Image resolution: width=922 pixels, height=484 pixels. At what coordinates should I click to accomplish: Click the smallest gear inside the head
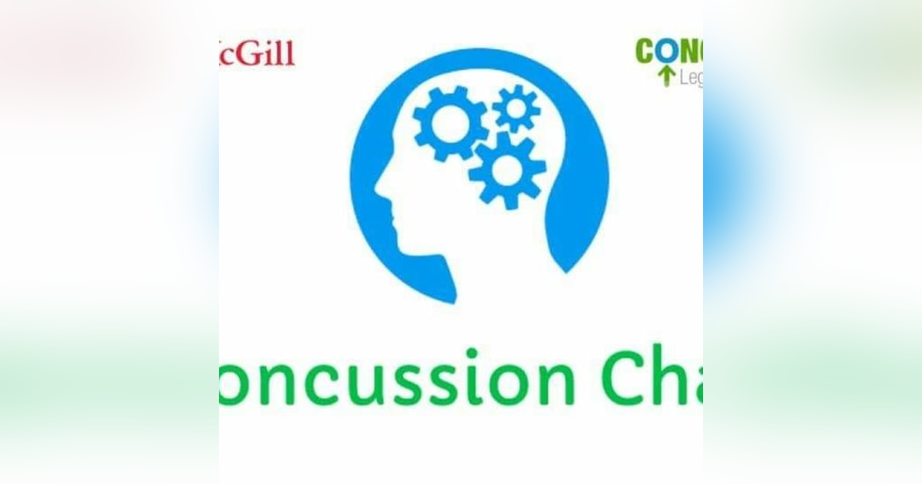[x=516, y=108]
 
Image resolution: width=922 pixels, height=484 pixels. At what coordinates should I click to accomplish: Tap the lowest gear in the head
[x=507, y=170]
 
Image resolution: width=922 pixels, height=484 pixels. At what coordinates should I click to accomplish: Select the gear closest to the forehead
[x=450, y=122]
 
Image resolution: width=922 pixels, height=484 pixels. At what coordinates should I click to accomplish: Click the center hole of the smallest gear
[x=516, y=108]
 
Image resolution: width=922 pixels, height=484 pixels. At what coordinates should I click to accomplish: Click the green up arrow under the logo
[x=665, y=76]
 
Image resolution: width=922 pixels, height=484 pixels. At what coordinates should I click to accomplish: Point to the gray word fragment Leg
[x=690, y=78]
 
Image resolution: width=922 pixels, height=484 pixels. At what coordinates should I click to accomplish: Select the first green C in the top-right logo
[x=645, y=52]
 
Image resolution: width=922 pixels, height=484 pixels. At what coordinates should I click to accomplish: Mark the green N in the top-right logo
[x=689, y=52]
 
